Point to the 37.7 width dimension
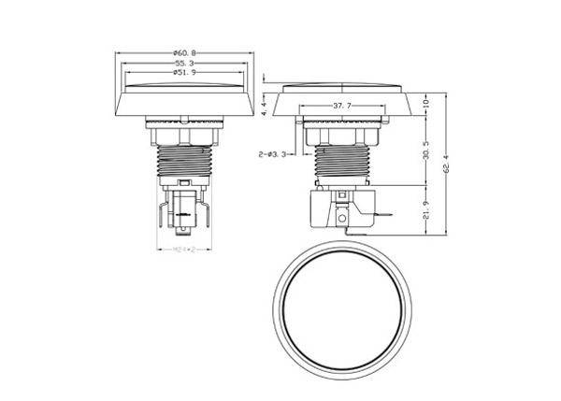click(x=340, y=107)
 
